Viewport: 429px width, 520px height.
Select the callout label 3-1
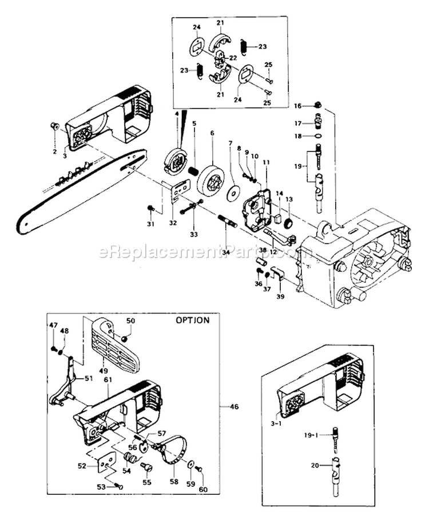[276, 423]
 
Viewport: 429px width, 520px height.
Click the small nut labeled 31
[151, 207]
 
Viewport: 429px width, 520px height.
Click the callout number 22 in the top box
[233, 58]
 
